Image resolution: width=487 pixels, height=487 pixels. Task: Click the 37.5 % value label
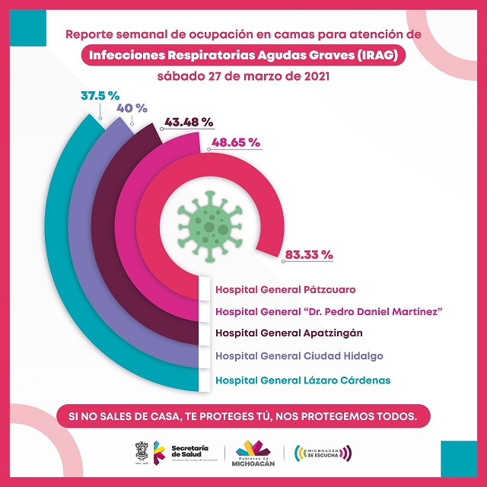coord(100,96)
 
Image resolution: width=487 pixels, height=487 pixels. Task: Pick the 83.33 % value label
coord(308,255)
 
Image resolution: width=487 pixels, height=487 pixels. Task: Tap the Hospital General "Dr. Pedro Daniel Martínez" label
coord(329,311)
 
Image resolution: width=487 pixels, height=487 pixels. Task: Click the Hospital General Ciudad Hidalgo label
coord(299,355)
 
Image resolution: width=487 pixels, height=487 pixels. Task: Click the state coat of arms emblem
coord(142,451)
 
